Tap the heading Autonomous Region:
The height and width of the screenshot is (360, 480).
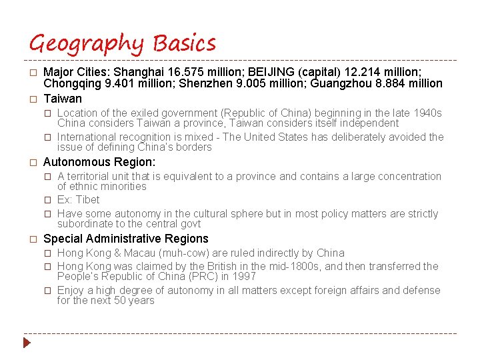point(99,162)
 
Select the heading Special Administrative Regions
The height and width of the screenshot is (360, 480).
point(126,239)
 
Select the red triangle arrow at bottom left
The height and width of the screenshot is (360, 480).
point(27,343)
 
